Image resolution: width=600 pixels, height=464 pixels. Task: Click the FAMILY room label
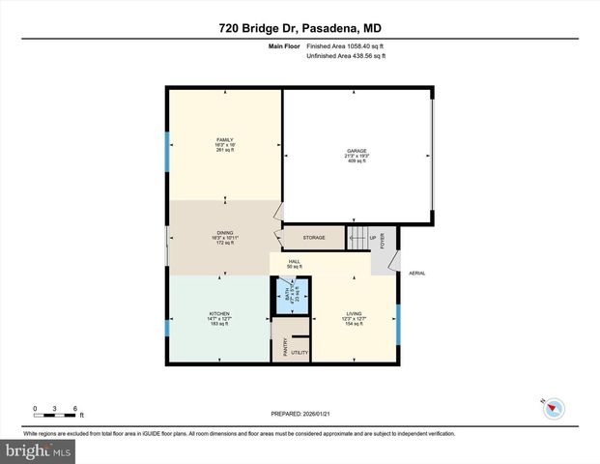click(224, 139)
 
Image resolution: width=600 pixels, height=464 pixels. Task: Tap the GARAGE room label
click(357, 151)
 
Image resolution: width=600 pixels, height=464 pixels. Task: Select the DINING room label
click(224, 232)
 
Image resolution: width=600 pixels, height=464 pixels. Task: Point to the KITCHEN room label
click(218, 313)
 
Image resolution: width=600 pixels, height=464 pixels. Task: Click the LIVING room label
click(355, 313)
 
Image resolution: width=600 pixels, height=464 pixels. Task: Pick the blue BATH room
click(284, 295)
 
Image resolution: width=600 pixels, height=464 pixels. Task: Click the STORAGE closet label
click(313, 237)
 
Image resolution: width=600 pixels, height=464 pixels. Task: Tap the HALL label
click(294, 261)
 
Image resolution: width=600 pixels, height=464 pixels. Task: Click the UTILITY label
click(300, 353)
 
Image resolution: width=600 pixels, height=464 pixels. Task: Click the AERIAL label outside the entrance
click(417, 273)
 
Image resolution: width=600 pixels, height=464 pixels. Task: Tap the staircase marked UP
click(359, 238)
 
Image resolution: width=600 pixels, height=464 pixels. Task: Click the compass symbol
click(552, 408)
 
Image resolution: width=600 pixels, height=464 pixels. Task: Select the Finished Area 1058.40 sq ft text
click(346, 45)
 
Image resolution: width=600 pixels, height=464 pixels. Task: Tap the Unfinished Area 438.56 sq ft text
click(346, 57)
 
